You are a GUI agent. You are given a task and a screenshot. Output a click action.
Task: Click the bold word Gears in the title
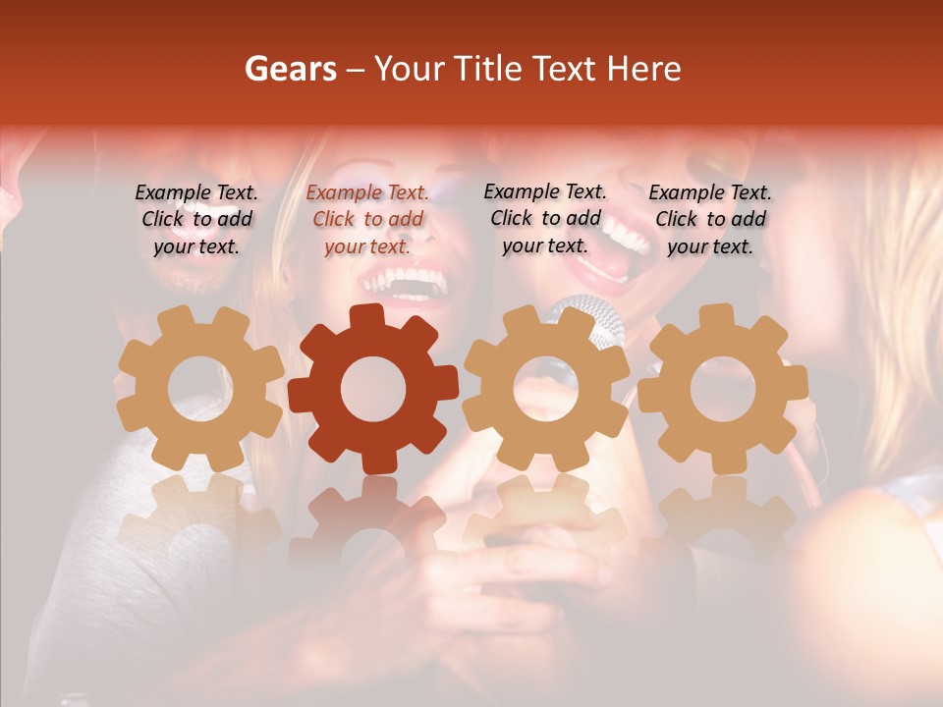click(x=290, y=69)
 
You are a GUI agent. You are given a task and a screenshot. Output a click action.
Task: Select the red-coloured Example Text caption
click(x=367, y=219)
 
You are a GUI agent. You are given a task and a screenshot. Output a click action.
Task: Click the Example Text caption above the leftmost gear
click(x=196, y=219)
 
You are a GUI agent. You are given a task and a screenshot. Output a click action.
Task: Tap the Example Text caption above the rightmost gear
click(x=710, y=219)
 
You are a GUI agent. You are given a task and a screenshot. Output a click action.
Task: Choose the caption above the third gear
click(x=545, y=218)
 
